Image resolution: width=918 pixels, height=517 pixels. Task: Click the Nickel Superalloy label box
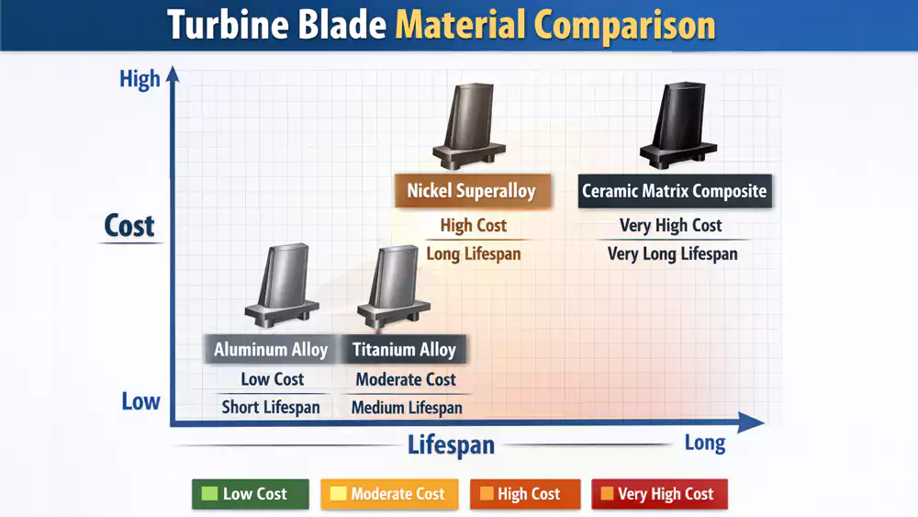[471, 192]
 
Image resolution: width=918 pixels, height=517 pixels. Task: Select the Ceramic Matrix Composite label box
[674, 192]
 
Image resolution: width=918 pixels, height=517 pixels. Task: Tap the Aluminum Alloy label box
[271, 350]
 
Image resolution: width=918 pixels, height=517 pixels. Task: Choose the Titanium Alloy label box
[404, 350]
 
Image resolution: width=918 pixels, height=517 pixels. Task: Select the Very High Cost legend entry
[658, 494]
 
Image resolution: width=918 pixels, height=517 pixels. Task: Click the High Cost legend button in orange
[524, 494]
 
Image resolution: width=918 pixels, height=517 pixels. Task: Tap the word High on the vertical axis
[140, 80]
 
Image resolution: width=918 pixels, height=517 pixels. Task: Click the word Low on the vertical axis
[140, 401]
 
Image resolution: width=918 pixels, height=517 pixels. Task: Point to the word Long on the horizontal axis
[705, 443]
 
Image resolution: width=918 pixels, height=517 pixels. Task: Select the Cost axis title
[129, 226]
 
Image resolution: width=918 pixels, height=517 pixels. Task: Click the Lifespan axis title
[451, 445]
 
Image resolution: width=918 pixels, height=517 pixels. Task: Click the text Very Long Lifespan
[672, 254]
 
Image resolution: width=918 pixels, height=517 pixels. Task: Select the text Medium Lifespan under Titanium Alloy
[407, 408]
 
